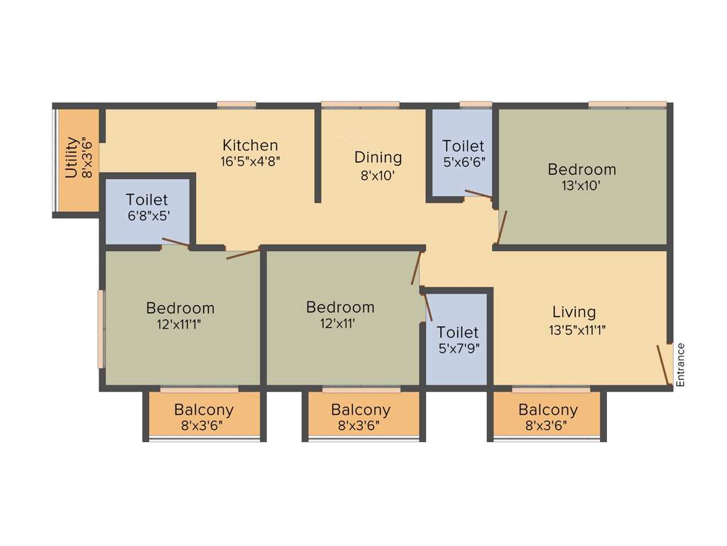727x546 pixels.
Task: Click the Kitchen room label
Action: coord(250,146)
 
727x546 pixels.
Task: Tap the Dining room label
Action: coord(378,157)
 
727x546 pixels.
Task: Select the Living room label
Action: coord(574,312)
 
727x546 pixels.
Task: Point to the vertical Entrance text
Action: coord(680,365)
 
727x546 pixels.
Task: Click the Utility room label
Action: coord(71,158)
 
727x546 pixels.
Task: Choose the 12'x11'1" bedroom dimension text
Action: coord(180,324)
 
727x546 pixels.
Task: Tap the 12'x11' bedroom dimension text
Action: coord(340,323)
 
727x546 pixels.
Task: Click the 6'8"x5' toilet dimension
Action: coord(147,215)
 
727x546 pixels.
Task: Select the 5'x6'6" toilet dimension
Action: coord(463,162)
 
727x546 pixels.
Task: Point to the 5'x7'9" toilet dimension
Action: coord(457,348)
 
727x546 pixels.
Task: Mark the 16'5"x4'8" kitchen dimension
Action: coord(250,161)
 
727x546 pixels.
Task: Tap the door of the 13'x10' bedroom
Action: coord(502,227)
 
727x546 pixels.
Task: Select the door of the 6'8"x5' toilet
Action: coord(175,242)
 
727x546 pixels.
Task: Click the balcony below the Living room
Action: coord(547,417)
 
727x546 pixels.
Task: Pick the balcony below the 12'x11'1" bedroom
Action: coord(204,417)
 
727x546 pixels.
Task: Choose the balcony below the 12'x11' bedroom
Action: coord(361,417)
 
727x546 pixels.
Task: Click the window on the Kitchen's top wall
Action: coord(236,105)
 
